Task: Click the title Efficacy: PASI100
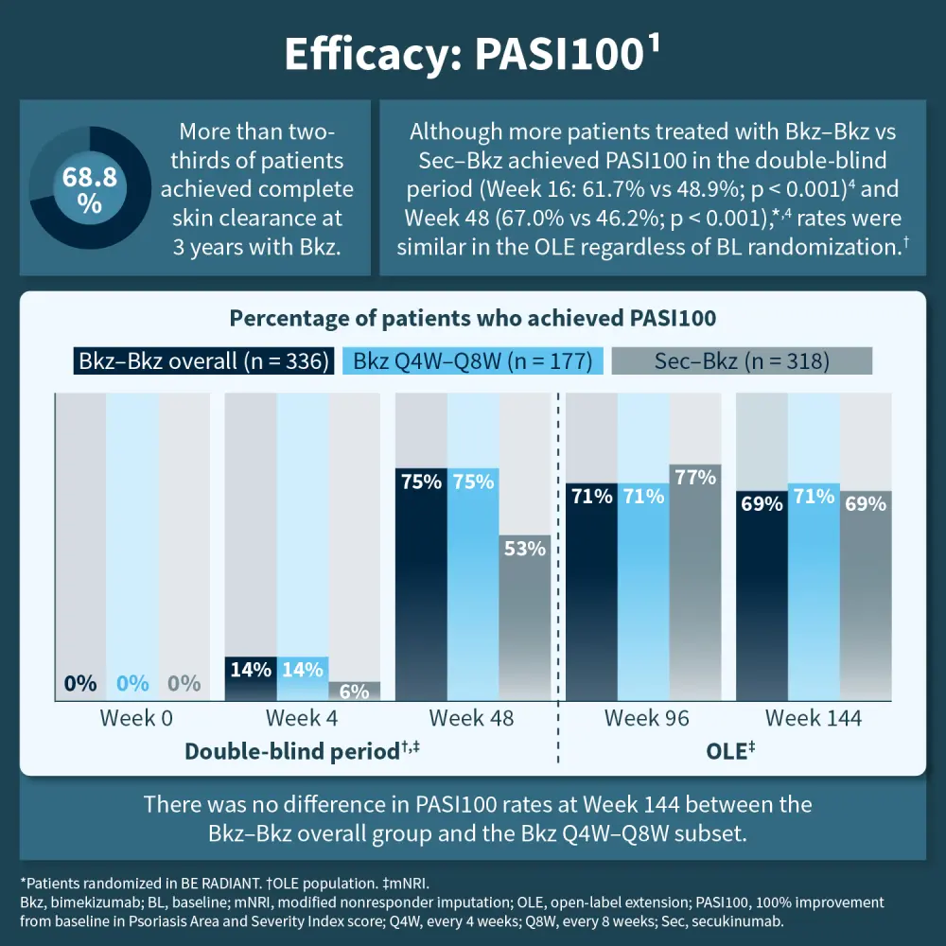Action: [x=471, y=55]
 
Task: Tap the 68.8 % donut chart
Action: [x=90, y=189]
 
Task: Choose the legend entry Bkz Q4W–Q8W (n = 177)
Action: [x=472, y=361]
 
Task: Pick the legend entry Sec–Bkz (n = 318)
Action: [x=741, y=361]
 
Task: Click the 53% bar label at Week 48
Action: [x=524, y=549]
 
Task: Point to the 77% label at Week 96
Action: [x=696, y=478]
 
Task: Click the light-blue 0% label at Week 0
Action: [x=132, y=683]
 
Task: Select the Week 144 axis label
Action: [x=814, y=718]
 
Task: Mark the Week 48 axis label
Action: [x=471, y=718]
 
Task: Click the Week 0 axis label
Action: [x=136, y=718]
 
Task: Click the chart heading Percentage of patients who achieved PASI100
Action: [x=472, y=318]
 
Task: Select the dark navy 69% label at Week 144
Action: [x=762, y=504]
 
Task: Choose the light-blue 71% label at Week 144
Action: [x=814, y=496]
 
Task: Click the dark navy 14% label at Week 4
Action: [x=250, y=669]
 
